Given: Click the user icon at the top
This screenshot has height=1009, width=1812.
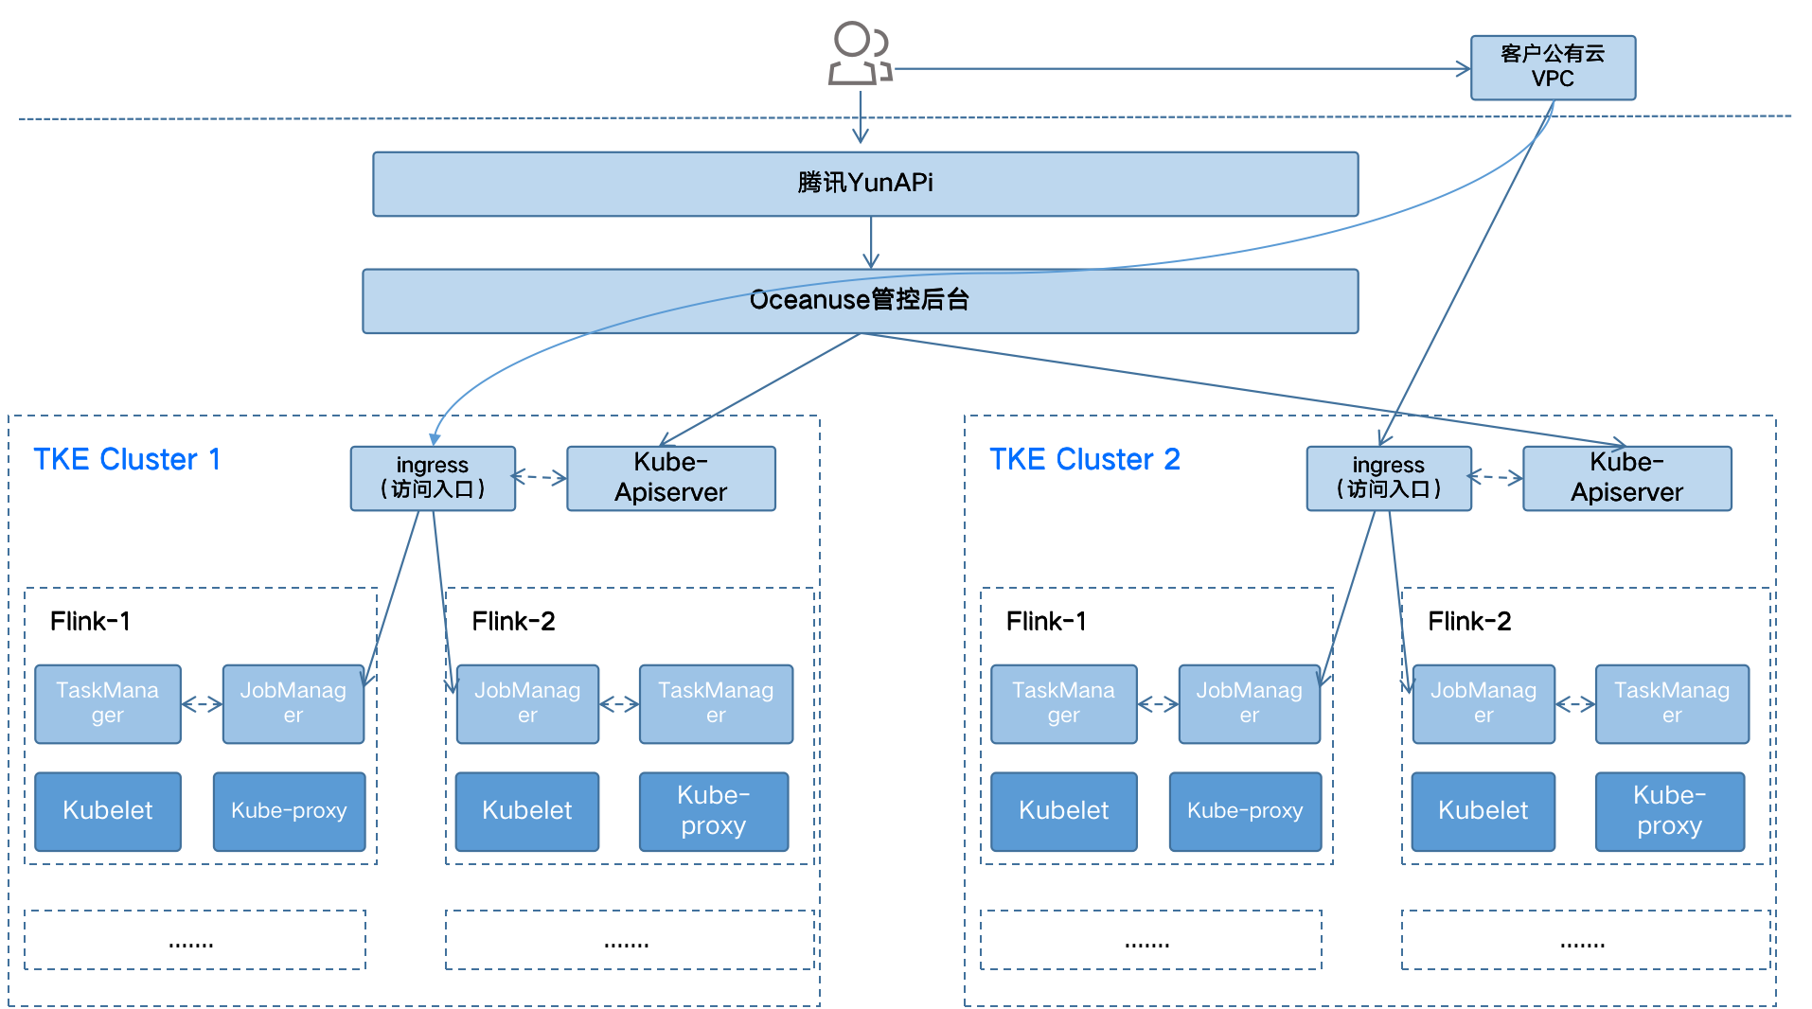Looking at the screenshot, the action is [860, 53].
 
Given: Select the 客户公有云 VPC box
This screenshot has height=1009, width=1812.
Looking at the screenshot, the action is [1553, 67].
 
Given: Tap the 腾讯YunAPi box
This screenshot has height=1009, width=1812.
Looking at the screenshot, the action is [865, 184].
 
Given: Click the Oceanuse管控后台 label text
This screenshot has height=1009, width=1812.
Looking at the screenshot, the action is [859, 300].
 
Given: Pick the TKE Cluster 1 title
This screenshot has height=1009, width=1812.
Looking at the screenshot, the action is [127, 459].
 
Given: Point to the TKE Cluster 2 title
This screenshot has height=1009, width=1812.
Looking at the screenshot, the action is [1085, 459].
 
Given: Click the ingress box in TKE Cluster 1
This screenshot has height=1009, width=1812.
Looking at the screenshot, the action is [433, 478].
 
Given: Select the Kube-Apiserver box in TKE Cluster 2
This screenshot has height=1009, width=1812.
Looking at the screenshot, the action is [1626, 478].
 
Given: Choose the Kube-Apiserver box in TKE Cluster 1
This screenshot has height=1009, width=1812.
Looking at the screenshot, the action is [670, 478].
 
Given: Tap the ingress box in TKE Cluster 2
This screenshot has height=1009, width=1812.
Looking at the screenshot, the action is [1389, 478].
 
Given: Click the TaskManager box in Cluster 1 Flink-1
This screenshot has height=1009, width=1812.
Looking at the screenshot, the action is [108, 703].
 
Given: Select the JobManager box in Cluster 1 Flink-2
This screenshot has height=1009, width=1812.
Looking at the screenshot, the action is [527, 703].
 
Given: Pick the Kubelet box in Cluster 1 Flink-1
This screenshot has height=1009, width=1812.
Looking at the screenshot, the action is [108, 811].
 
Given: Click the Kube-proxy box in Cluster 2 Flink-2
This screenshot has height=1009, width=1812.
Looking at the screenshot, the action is [1670, 811].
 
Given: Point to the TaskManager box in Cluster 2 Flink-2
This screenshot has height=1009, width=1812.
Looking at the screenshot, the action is [1672, 703].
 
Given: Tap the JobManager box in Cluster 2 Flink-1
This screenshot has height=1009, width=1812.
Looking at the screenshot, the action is [1250, 703].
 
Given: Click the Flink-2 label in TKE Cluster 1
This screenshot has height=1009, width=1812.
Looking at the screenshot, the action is [513, 621].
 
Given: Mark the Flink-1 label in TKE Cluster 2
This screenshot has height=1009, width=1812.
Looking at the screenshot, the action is [1046, 621].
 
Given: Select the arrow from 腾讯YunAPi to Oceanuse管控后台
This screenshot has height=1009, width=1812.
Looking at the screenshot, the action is [871, 242].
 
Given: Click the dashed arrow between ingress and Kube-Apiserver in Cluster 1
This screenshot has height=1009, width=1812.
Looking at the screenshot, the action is [540, 477].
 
